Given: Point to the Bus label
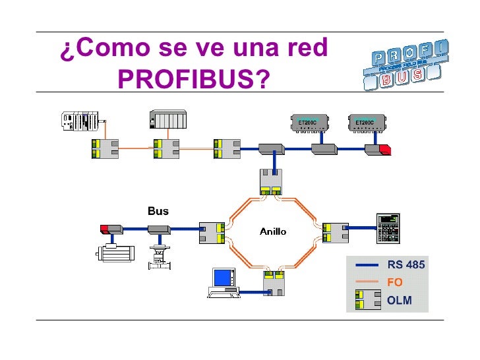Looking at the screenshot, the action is point(158,211).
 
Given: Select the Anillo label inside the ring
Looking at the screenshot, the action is point(273,231).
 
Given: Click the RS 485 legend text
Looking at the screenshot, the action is point(406,265).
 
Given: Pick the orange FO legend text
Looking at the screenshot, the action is point(395,282).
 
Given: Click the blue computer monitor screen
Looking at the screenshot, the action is point(224,278).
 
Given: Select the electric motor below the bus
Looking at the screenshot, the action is point(112,253).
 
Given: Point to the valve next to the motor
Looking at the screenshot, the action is point(158,254).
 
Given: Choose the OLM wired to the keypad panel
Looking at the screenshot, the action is point(335,231).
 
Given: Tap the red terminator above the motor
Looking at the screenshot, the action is point(104,229).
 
